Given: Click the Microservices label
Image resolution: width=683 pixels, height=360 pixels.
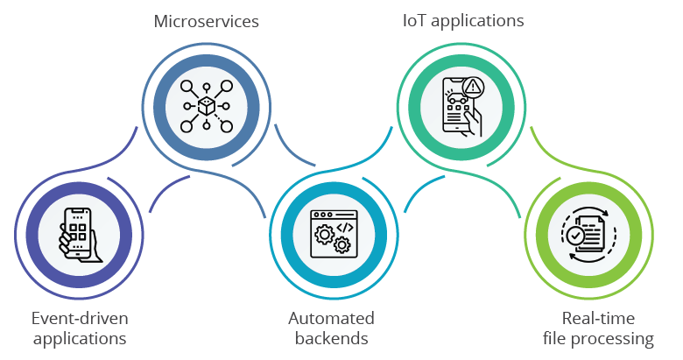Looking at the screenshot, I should coord(206,21).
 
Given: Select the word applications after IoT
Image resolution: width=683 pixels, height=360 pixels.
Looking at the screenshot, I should coord(474,21).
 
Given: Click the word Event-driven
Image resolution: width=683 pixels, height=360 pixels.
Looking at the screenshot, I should coord(74,317).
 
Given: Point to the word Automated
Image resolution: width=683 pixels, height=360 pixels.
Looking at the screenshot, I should coord(331,317).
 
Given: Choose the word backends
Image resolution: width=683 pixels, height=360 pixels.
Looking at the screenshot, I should coord(331,338).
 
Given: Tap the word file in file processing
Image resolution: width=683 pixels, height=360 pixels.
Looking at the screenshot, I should coord(553,338).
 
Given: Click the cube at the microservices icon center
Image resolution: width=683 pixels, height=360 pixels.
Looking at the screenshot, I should coord(207,106).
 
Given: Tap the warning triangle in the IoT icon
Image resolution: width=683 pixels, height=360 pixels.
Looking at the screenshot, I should coord(474,86).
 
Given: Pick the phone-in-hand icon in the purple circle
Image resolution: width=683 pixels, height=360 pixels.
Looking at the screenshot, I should coord(77,236).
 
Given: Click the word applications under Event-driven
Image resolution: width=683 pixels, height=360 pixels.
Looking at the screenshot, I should coord(74,338).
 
